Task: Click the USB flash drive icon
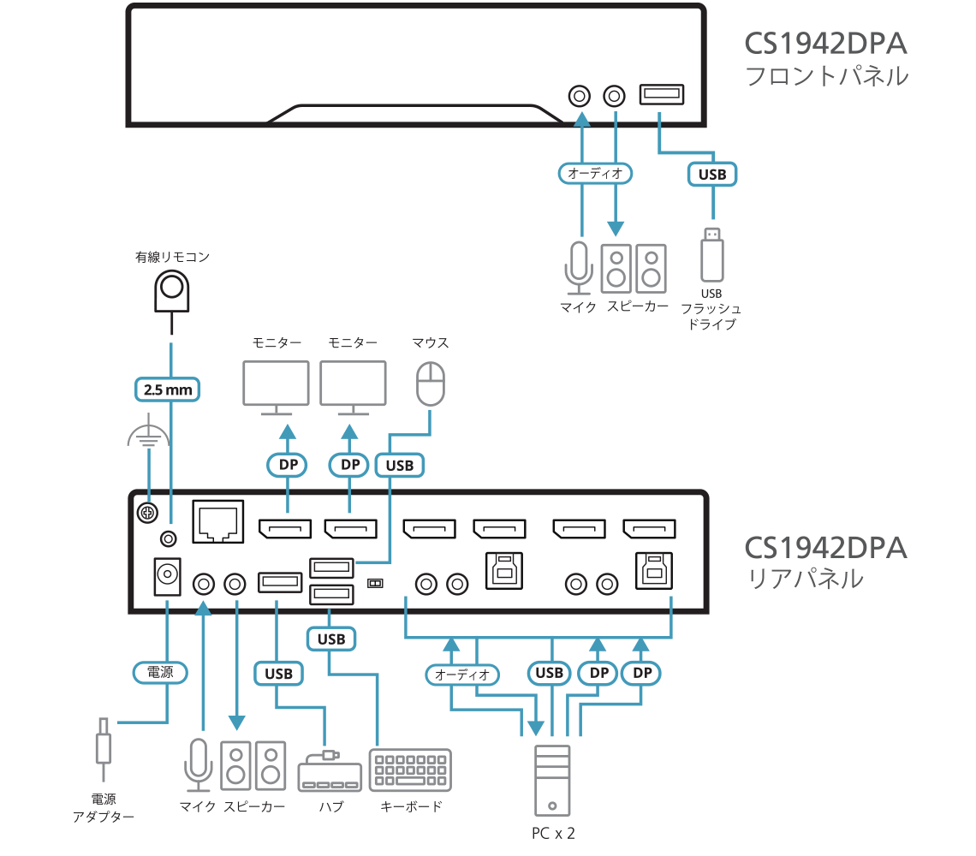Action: pyautogui.click(x=712, y=254)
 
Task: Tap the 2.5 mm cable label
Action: pyautogui.click(x=169, y=389)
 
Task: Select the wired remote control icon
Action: pyautogui.click(x=171, y=291)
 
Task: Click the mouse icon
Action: pyautogui.click(x=430, y=383)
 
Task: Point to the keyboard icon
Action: pyautogui.click(x=410, y=770)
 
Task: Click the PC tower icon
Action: pyautogui.click(x=551, y=780)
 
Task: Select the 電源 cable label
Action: pyautogui.click(x=160, y=672)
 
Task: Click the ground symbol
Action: pyautogui.click(x=148, y=437)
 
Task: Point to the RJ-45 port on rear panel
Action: pyautogui.click(x=219, y=520)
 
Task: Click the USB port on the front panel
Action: pyautogui.click(x=660, y=94)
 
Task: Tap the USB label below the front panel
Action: pyautogui.click(x=712, y=174)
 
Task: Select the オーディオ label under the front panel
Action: pyautogui.click(x=598, y=173)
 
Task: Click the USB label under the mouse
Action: pyautogui.click(x=399, y=465)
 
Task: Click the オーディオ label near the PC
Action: pyautogui.click(x=462, y=674)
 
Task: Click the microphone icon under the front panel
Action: pyautogui.click(x=578, y=265)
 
